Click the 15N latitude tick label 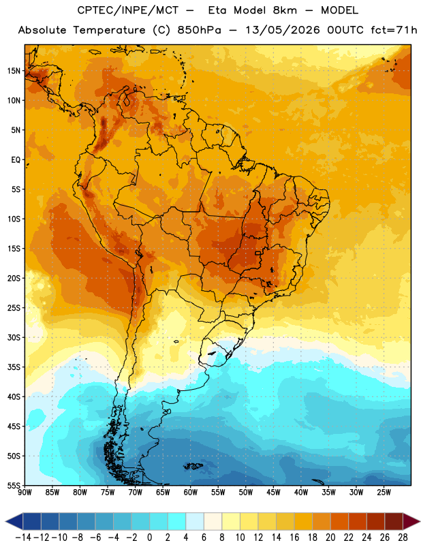click(14, 71)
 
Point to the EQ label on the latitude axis click(16, 160)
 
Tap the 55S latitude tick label click(14, 485)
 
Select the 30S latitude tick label click(14, 337)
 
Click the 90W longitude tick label click(25, 493)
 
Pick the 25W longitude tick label click(384, 493)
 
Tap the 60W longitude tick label click(191, 493)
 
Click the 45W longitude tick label click(273, 493)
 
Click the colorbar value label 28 click(403, 538)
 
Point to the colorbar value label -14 click(23, 538)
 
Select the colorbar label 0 click(149, 538)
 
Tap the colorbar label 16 click(294, 538)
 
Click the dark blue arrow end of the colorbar click(14, 521)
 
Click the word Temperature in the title click(110, 30)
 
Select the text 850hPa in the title click(199, 30)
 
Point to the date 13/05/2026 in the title click(283, 30)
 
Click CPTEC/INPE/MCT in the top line click(127, 10)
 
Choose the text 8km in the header click(285, 10)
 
